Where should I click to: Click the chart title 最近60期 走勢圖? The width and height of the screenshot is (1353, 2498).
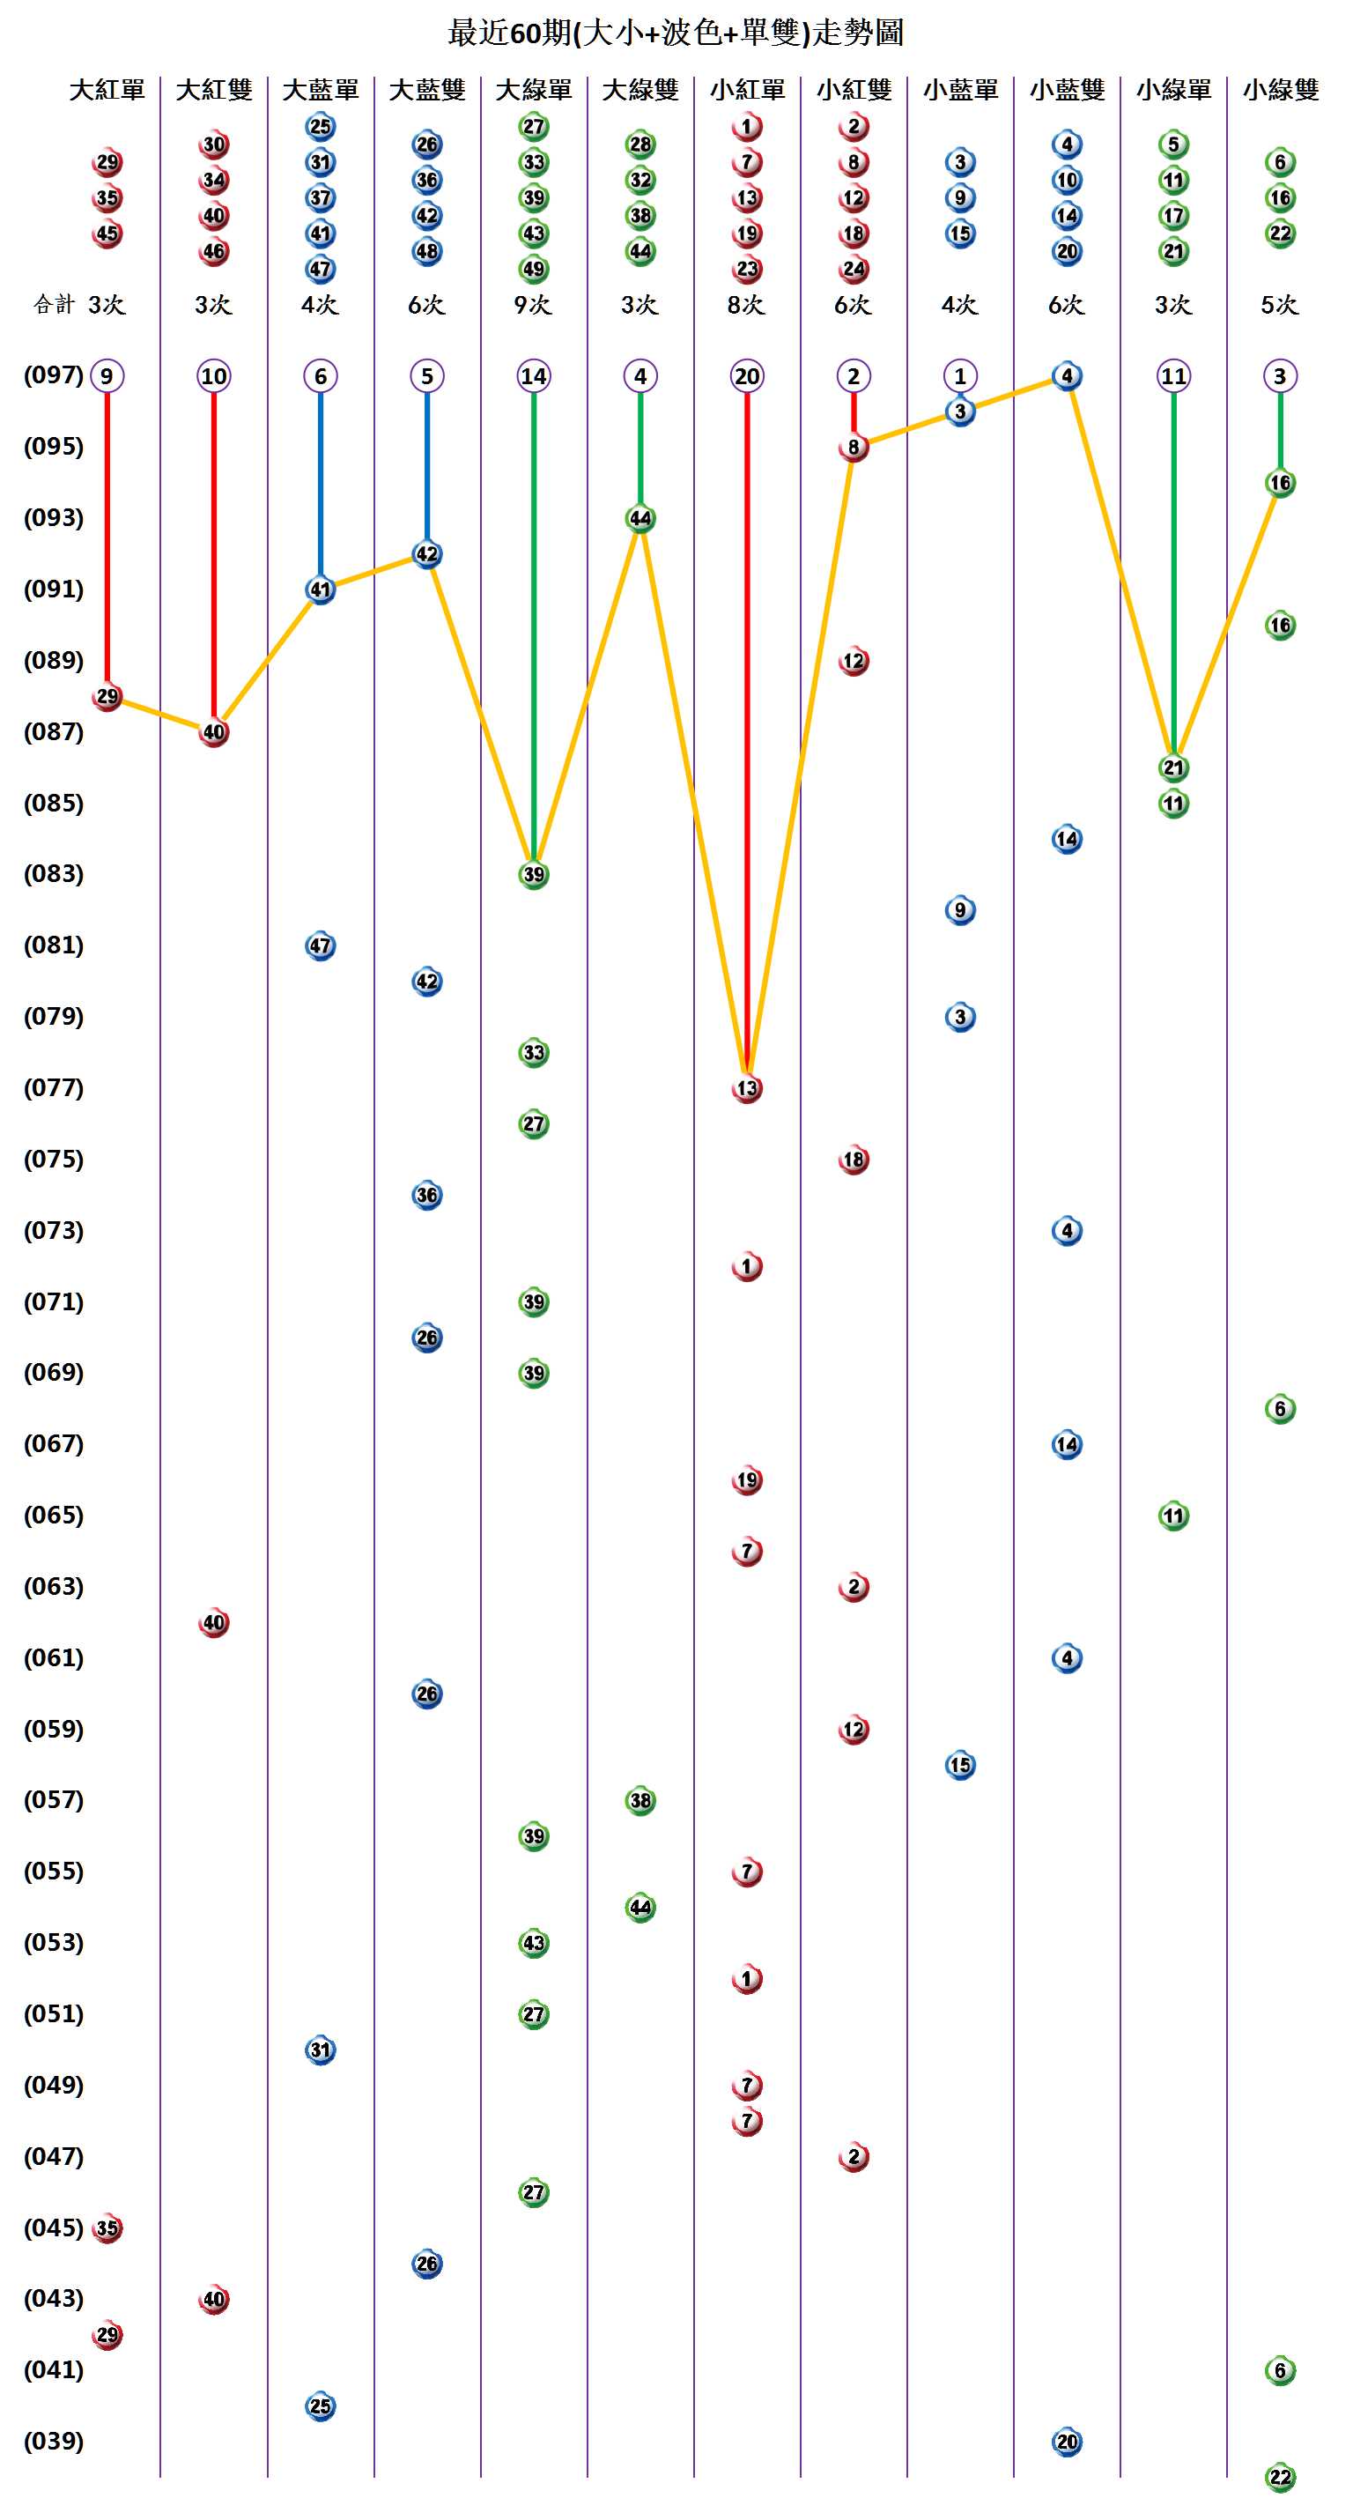[x=676, y=33]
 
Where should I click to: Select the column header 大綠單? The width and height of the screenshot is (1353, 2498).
[x=533, y=90]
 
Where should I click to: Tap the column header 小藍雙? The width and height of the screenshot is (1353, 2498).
[x=1066, y=90]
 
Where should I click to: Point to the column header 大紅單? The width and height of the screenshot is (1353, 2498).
[x=107, y=90]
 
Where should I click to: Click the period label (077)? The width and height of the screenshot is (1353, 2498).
[x=54, y=1087]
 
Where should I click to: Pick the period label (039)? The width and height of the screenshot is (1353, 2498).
[x=54, y=2440]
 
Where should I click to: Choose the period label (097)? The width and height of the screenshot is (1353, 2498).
[x=54, y=374]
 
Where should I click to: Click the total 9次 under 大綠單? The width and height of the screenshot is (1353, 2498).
[x=532, y=305]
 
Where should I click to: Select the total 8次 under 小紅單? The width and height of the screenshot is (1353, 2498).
[x=745, y=305]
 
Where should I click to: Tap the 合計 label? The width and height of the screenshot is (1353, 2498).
[x=54, y=305]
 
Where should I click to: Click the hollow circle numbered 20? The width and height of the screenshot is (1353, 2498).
[x=746, y=376]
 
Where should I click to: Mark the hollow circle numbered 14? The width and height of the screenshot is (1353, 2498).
[x=533, y=376]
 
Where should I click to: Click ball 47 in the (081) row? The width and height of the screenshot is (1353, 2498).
[x=320, y=945]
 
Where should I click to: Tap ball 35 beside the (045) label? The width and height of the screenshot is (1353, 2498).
[x=107, y=2227]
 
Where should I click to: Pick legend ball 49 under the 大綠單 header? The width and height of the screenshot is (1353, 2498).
[x=533, y=269]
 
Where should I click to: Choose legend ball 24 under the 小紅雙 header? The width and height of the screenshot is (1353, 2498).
[x=853, y=269]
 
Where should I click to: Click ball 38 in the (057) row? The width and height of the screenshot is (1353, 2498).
[x=640, y=1800]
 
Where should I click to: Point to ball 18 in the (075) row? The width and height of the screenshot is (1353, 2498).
[x=853, y=1159]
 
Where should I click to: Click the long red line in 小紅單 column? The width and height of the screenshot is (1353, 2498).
[x=746, y=727]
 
